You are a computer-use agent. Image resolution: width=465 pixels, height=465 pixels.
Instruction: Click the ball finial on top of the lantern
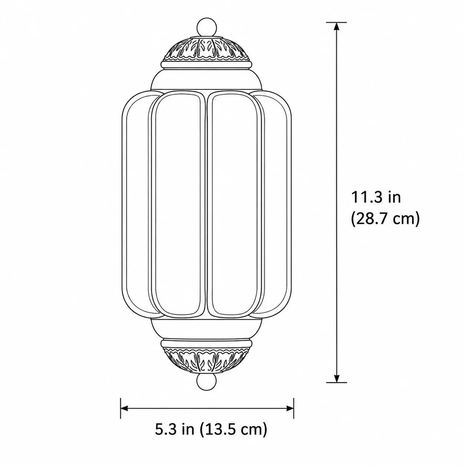click(207, 27)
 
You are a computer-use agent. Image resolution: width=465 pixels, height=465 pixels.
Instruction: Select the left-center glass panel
click(178, 203)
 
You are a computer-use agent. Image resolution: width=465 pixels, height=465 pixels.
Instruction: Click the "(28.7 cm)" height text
click(385, 219)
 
